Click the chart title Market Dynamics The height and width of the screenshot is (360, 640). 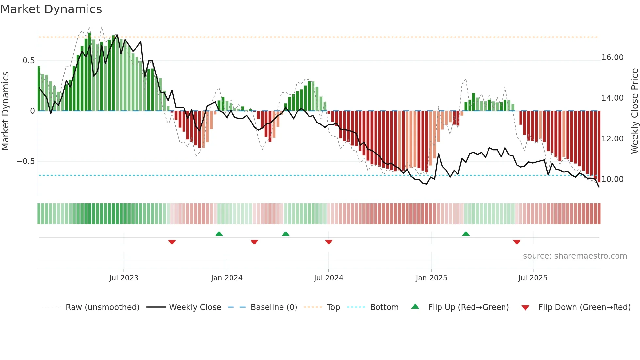pos(51,9)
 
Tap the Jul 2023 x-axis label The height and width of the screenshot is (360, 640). pos(124,278)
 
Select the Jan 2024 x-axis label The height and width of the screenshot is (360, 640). pos(227,278)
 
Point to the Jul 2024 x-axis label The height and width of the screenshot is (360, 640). pos(328,278)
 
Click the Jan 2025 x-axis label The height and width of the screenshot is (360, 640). pos(431,278)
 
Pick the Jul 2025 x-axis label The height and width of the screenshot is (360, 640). pos(533,278)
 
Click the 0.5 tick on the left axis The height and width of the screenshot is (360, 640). pos(29,61)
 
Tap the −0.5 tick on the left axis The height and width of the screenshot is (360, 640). pos(26,161)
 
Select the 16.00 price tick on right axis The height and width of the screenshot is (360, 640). pos(613,57)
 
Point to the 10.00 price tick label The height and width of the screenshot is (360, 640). pos(613,179)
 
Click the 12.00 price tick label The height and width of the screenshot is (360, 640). pos(613,139)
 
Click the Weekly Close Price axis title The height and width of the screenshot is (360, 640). pos(634,111)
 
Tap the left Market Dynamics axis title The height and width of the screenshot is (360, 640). pos(5,111)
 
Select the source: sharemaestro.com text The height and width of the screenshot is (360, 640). pos(575,256)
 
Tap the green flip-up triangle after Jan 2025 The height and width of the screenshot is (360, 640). pos(466,234)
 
